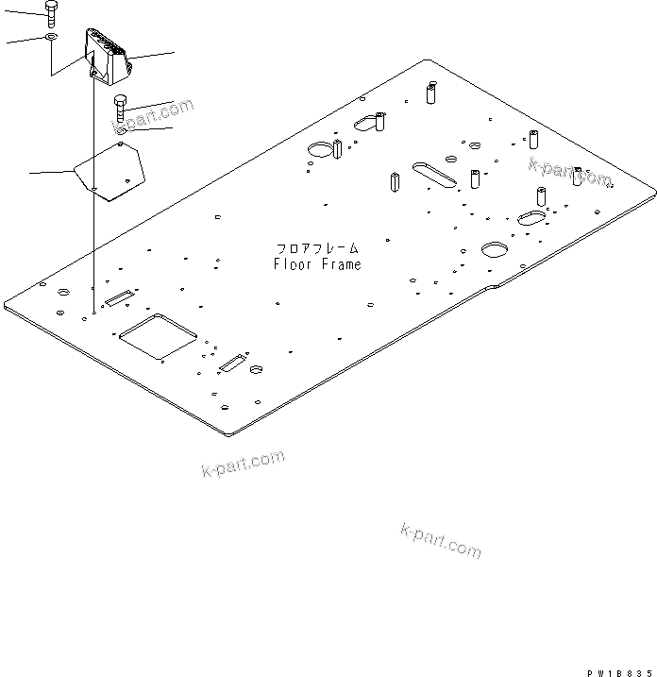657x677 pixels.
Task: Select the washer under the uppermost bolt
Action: click(x=51, y=38)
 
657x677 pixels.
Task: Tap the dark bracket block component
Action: click(x=107, y=55)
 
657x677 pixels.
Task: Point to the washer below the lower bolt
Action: click(x=122, y=131)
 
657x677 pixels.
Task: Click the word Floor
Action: click(x=293, y=264)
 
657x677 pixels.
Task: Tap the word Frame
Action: click(x=342, y=264)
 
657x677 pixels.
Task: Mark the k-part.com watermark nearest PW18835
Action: click(x=441, y=540)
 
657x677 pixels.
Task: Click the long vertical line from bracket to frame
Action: click(x=93, y=189)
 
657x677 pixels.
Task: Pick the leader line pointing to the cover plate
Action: click(x=51, y=172)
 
